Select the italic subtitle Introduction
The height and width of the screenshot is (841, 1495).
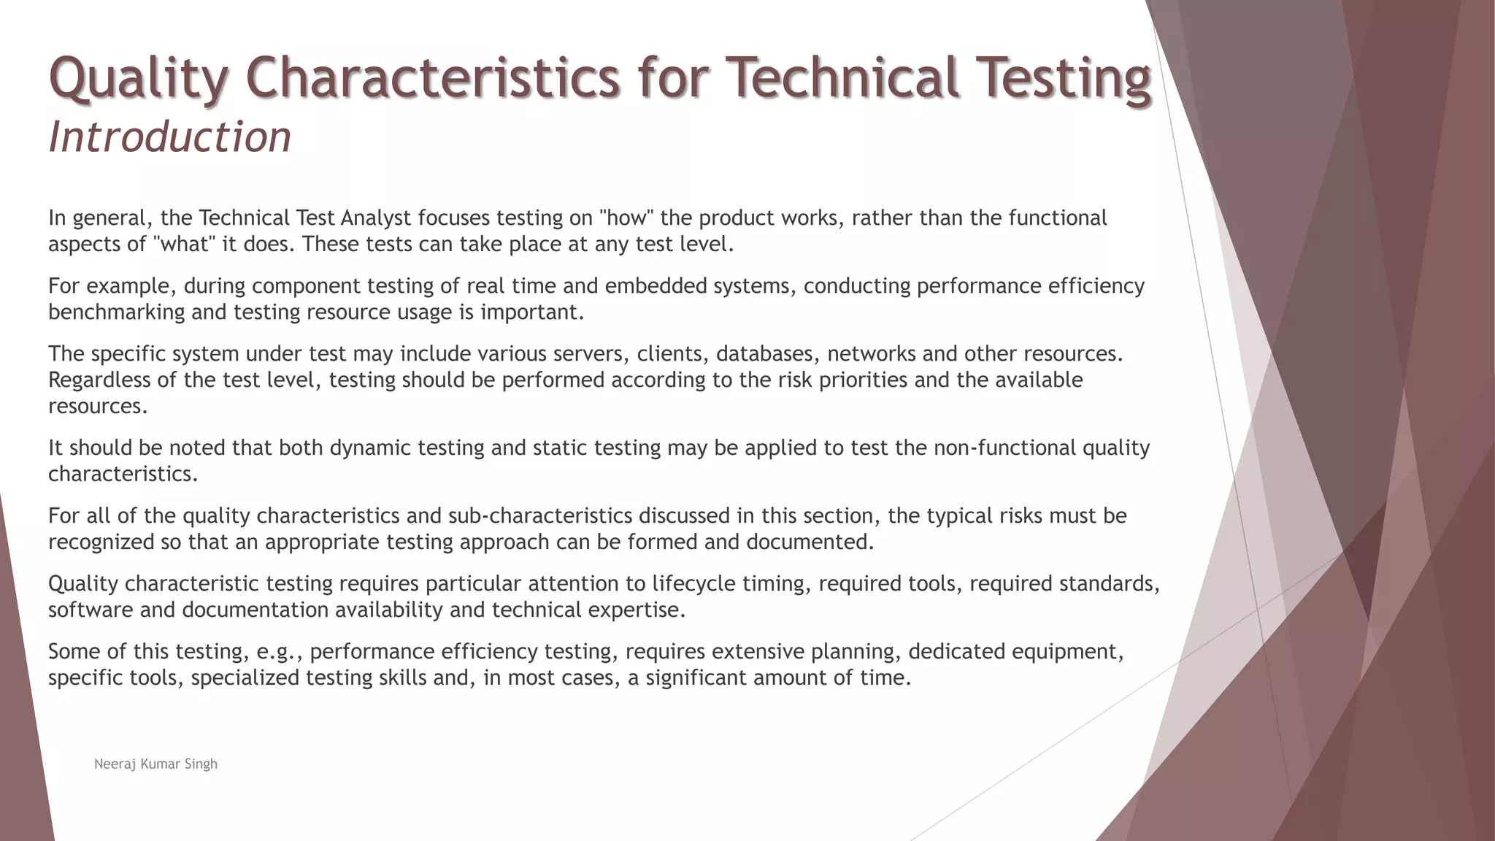169,137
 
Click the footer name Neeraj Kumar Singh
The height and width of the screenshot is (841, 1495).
155,764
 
